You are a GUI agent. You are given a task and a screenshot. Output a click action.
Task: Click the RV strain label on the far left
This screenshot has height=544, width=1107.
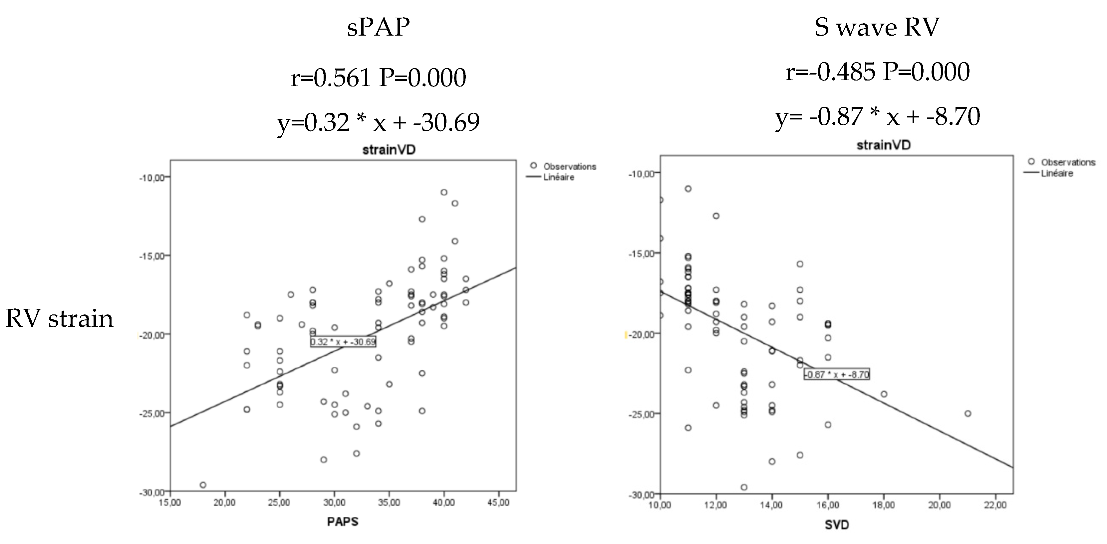[x=59, y=319]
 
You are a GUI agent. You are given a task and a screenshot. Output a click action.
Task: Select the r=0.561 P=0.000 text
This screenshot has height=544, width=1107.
[x=378, y=78]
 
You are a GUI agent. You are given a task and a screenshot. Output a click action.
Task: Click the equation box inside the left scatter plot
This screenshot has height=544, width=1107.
[x=343, y=342]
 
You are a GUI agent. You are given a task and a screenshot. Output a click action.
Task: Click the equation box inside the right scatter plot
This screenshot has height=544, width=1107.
[x=837, y=374]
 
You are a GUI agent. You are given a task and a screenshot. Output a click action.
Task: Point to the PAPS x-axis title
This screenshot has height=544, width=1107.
[x=343, y=521]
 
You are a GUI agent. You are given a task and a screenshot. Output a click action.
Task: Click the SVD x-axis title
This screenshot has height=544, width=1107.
[x=837, y=524]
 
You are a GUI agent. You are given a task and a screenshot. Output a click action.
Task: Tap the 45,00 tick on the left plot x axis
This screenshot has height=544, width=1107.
[x=498, y=502]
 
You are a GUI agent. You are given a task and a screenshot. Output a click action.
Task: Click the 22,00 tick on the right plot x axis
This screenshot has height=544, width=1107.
[x=995, y=505]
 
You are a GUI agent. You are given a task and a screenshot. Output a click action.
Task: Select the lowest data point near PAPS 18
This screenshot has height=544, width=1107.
[x=203, y=485]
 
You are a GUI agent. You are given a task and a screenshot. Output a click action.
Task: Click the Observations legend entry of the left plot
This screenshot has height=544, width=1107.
[x=563, y=166]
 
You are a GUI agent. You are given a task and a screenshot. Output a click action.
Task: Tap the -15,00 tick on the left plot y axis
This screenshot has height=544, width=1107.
[x=152, y=256]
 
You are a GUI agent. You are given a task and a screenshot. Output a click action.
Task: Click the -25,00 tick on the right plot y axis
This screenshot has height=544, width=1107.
[x=642, y=414]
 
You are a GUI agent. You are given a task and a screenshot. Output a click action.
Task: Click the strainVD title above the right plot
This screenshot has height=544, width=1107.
[x=883, y=145]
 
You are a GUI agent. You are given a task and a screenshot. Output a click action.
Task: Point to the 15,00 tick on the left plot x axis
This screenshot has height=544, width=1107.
[x=170, y=502]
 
